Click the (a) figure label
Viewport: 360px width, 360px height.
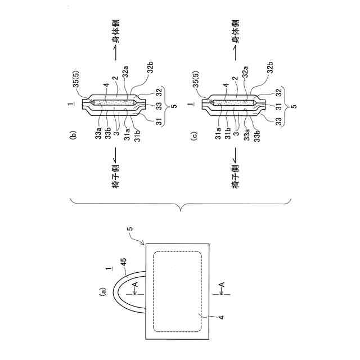coord(102,291)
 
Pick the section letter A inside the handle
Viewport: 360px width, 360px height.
coord(134,286)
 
